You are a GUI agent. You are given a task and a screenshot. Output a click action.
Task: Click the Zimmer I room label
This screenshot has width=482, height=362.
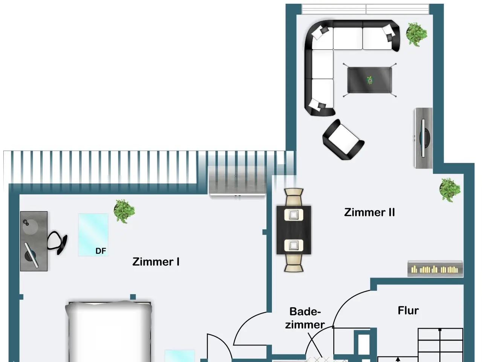(156, 261)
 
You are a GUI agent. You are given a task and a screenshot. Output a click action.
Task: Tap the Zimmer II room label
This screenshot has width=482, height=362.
(369, 212)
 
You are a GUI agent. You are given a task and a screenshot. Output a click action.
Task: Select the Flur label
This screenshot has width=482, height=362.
(408, 310)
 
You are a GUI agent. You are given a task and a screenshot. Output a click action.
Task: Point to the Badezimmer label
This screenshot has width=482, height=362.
(305, 318)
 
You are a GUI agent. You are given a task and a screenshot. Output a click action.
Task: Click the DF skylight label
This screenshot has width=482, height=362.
(101, 251)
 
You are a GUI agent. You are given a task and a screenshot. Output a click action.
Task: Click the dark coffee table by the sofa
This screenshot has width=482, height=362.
(369, 80)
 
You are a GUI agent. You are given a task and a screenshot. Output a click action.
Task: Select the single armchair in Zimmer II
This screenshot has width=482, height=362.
(343, 140)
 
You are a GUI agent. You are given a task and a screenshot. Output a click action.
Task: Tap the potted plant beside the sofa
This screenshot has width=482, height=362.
(416, 34)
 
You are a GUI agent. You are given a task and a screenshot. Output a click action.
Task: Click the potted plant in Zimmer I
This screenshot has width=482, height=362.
(124, 211)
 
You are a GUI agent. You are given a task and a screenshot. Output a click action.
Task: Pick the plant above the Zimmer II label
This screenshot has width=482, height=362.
(450, 189)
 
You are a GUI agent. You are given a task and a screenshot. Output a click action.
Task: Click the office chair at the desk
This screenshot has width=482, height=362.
(58, 242)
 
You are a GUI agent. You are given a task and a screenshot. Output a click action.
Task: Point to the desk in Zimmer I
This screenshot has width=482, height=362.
(34, 241)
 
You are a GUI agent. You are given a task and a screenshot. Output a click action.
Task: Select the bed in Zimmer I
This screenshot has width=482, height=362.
(109, 332)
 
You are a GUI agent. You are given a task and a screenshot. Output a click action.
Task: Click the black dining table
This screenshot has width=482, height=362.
(294, 230)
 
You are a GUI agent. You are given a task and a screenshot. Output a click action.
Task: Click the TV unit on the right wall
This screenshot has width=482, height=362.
(424, 138)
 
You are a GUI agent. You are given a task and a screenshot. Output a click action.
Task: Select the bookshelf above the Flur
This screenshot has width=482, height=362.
(435, 268)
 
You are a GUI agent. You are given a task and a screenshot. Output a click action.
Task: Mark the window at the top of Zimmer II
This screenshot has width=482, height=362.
(365, 9)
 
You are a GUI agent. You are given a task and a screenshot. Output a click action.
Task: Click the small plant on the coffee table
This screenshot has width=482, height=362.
(370, 80)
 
